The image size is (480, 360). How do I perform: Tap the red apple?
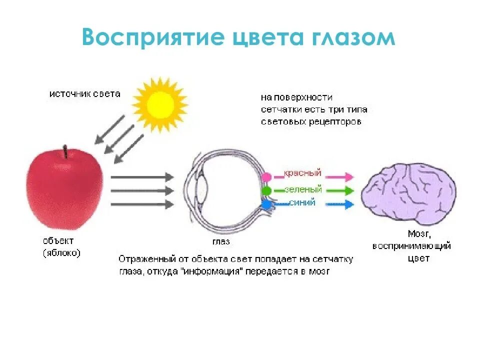(x=64, y=190)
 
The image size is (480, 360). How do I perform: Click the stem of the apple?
(x=65, y=151)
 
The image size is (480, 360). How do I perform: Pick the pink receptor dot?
(x=266, y=177)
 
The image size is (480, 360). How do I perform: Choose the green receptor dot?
(x=266, y=190)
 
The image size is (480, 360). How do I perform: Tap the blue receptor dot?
(x=266, y=204)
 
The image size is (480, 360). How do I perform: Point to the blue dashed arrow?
(x=340, y=204)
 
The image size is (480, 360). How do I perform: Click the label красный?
(x=302, y=174)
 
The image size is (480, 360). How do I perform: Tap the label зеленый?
(x=303, y=189)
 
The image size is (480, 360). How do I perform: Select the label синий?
(x=302, y=203)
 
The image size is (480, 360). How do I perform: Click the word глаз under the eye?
(x=220, y=241)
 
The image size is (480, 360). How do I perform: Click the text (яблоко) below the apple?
(x=61, y=253)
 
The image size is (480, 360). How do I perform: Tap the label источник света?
(x=84, y=94)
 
